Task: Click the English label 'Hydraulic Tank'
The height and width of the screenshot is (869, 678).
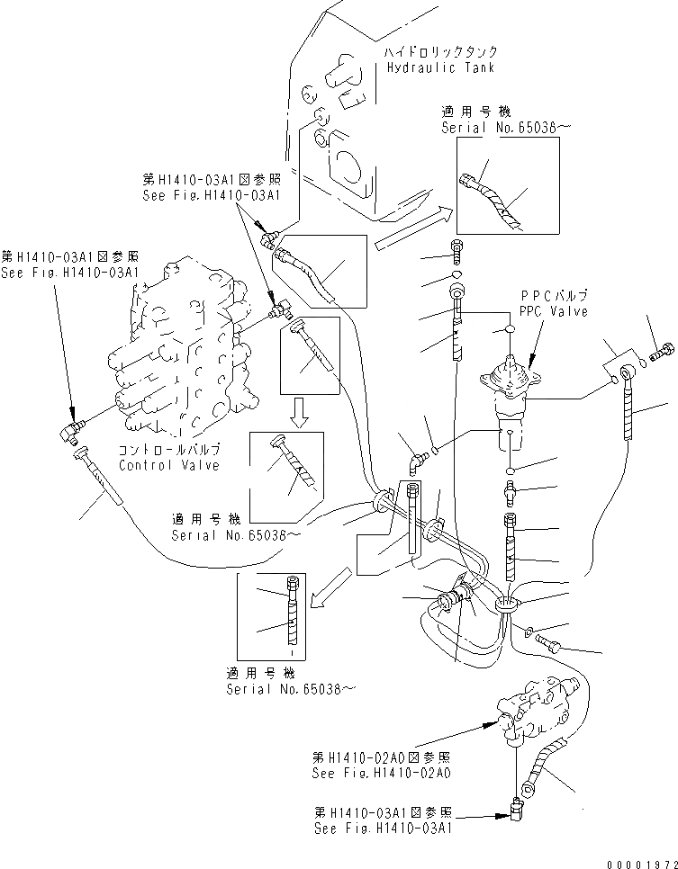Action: (x=440, y=67)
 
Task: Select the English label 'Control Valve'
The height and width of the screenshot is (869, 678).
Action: (x=169, y=466)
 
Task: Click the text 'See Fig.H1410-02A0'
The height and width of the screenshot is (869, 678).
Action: (x=382, y=772)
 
